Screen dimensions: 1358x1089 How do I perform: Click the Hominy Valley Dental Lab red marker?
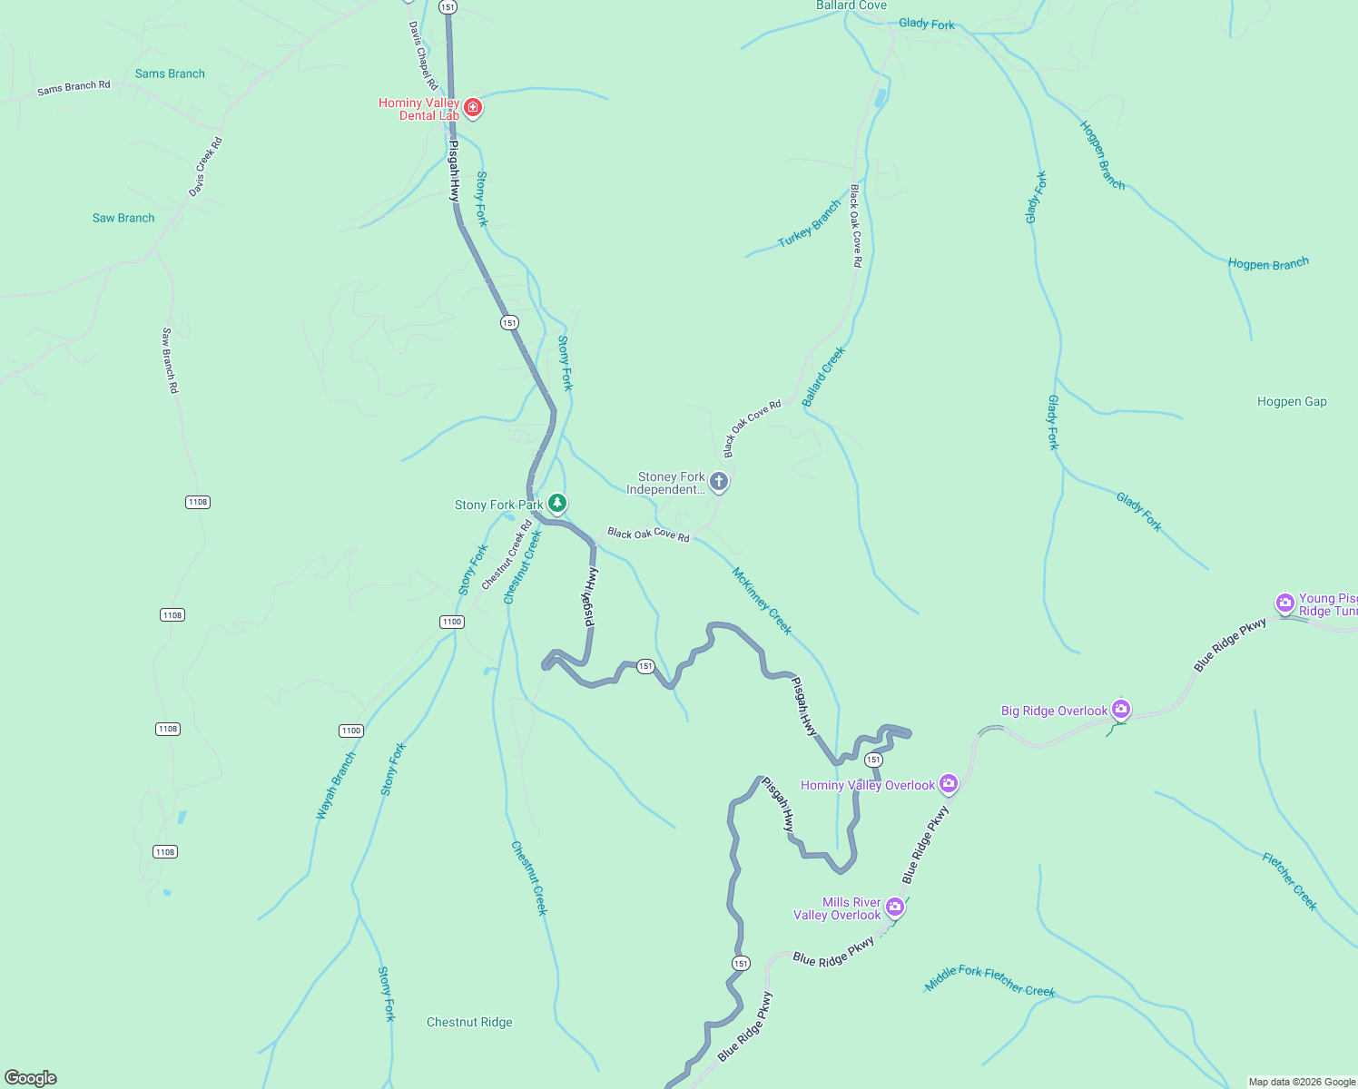(472, 109)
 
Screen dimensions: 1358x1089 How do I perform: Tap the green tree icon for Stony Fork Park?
(557, 503)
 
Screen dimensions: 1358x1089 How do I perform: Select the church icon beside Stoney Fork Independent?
(719, 481)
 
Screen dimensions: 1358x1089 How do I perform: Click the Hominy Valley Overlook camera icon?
(949, 783)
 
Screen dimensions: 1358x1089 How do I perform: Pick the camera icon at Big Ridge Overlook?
(1121, 709)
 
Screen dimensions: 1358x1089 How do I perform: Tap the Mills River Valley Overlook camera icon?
(895, 907)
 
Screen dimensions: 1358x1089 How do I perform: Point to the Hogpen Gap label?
(1292, 401)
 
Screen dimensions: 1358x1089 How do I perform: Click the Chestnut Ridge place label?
(469, 1022)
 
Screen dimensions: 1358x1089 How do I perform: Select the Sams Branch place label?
(170, 74)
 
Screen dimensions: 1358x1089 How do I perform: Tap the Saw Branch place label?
(123, 218)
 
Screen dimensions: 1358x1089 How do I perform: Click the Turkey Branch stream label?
(810, 223)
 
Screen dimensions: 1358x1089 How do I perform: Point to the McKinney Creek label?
(762, 601)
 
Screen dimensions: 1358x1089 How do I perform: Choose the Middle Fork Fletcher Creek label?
(989, 980)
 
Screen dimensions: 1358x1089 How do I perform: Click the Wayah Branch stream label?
(336, 786)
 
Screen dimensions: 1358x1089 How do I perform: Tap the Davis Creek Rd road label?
(205, 167)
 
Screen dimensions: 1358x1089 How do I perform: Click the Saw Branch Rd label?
(170, 360)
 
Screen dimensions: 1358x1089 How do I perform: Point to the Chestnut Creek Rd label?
(507, 554)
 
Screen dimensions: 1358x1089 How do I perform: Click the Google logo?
(31, 1077)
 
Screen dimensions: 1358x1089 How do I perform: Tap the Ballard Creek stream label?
(823, 376)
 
